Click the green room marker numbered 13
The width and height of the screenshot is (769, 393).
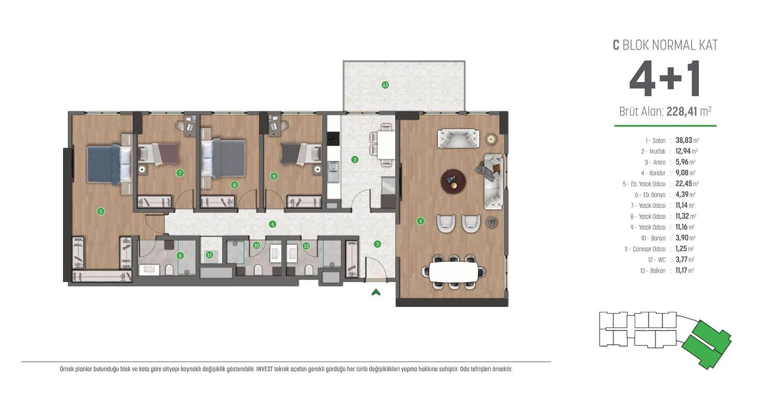click(385, 85)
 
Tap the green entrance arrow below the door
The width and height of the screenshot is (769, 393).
click(376, 293)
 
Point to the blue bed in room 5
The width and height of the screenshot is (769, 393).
click(103, 164)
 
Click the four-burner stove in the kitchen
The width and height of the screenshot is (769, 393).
click(333, 139)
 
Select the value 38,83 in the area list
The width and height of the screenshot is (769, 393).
click(684, 140)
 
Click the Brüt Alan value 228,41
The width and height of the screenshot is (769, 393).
click(682, 111)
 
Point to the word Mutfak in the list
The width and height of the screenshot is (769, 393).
click(657, 152)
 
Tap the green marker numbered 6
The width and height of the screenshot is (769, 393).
click(180, 255)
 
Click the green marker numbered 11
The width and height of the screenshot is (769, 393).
click(209, 255)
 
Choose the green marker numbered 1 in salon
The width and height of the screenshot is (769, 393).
click(420, 221)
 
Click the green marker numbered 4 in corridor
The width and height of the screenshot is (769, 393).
click(272, 224)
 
